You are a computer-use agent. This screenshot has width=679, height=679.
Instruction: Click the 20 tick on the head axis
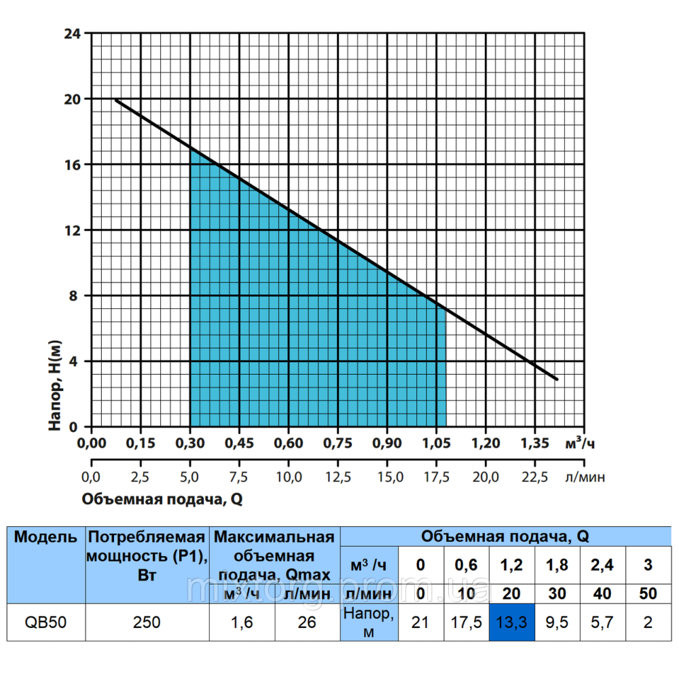(73, 99)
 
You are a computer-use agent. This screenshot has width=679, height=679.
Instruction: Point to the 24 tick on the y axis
(73, 33)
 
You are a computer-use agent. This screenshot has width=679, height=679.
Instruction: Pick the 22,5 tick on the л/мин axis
(534, 477)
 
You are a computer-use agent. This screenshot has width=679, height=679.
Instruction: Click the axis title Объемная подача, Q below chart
(162, 500)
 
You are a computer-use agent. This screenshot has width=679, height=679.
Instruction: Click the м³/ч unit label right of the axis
(583, 443)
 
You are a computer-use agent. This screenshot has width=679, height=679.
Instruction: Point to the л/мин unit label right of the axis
(585, 477)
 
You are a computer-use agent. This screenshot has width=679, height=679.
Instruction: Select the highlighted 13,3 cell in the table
(511, 622)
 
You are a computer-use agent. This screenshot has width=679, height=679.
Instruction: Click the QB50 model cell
(45, 622)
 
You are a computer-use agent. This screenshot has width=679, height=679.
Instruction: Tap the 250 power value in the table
(147, 622)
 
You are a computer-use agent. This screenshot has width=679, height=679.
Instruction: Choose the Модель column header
(45, 538)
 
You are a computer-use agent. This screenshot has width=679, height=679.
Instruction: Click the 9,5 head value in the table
(557, 622)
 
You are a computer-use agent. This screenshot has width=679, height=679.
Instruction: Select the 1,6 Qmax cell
(242, 622)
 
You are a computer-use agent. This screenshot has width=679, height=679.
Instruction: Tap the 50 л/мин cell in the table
(648, 593)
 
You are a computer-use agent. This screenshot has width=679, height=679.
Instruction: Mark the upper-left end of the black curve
(115, 100)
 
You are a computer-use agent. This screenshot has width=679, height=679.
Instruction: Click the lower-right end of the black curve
(557, 379)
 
